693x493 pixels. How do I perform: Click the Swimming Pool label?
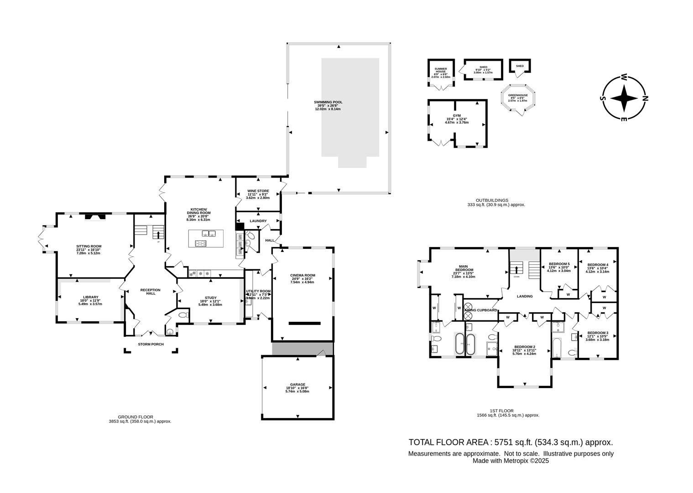click(328, 102)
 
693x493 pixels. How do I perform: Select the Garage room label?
click(297, 384)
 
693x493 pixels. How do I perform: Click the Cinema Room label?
click(303, 275)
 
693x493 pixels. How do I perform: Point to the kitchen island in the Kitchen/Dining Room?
click(206, 239)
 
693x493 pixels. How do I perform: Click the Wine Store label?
click(258, 191)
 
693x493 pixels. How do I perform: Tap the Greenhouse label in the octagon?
click(518, 95)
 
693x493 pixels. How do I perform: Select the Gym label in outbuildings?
click(457, 116)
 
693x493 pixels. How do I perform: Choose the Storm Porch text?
click(151, 344)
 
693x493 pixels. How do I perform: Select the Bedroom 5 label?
click(559, 264)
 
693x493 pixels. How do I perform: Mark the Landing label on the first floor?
click(525, 296)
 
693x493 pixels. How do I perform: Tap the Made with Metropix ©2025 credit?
click(511, 461)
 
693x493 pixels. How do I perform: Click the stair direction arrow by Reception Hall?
click(159, 235)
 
